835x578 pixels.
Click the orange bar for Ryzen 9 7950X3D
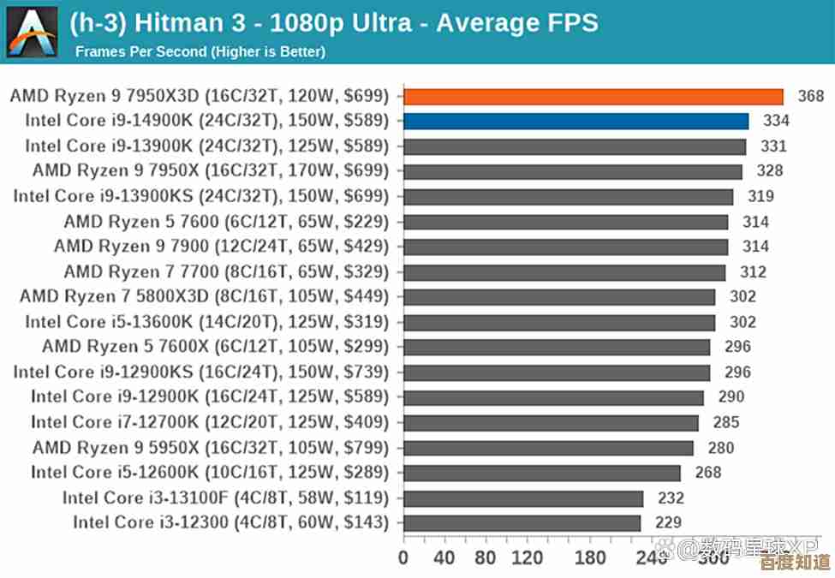pos(593,96)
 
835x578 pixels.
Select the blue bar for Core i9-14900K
pos(576,121)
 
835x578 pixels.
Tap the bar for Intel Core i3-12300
pos(522,522)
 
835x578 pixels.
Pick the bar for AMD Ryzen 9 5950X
pos(548,448)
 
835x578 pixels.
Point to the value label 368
pos(810,96)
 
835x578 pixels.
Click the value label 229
pos(668,522)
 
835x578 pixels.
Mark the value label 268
pos(708,473)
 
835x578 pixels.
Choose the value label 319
pos(760,196)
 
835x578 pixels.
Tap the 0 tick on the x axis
pos(404,557)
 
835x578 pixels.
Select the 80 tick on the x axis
pos(486,557)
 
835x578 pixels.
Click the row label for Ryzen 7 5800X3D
pos(204,297)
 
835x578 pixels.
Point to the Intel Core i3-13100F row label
pos(225,498)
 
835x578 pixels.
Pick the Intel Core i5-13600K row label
pos(206,322)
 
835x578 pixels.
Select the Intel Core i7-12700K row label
pos(210,422)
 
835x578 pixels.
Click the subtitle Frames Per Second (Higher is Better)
pos(200,52)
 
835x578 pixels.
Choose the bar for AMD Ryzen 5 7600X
pos(557,347)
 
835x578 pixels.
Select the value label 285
pos(726,422)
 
